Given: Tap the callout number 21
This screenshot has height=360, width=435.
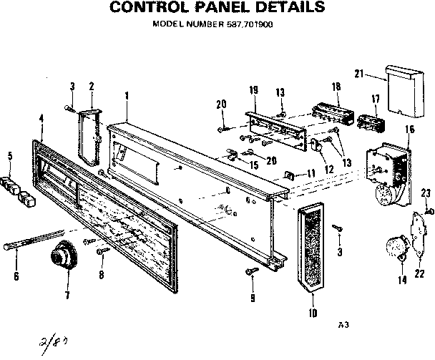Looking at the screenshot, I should (359, 73).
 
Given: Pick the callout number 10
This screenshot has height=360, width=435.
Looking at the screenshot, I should (312, 312).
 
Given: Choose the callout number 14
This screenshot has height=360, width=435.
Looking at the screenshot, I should (402, 280).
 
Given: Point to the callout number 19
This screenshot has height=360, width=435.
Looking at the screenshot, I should (253, 90).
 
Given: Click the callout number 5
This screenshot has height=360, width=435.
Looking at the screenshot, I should (9, 156).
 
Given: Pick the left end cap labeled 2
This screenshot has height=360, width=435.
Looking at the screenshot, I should (90, 134).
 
